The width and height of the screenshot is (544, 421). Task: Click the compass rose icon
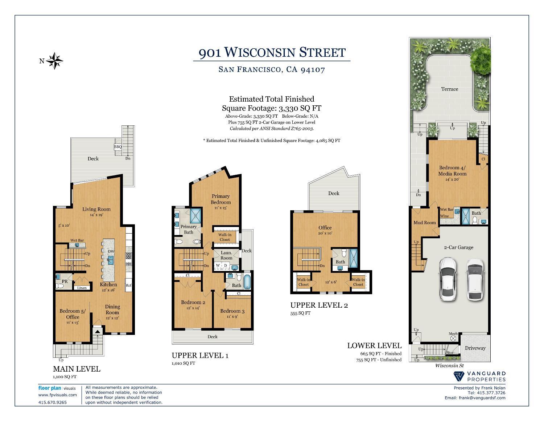(x=54, y=61)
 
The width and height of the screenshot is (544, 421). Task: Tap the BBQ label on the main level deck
(x=118, y=147)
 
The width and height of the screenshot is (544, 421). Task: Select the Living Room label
(x=96, y=209)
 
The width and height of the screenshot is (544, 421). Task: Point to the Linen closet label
(x=82, y=288)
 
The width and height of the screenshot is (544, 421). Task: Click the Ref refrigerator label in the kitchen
(x=129, y=285)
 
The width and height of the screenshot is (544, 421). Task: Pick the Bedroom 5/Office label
(x=73, y=314)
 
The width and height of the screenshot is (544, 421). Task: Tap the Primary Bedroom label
(x=221, y=199)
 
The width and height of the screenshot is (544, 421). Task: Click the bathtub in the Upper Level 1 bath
(x=247, y=282)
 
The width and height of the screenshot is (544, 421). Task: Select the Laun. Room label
(x=226, y=255)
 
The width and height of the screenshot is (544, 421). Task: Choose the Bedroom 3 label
(x=232, y=311)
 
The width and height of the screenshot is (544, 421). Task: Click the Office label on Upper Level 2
(x=325, y=228)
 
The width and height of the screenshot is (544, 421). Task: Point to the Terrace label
(x=450, y=89)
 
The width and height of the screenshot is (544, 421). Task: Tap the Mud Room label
(x=425, y=222)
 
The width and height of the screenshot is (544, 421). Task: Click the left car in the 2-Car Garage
(x=448, y=279)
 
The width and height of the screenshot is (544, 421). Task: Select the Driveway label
(x=475, y=348)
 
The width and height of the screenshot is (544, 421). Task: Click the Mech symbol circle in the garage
(x=453, y=338)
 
